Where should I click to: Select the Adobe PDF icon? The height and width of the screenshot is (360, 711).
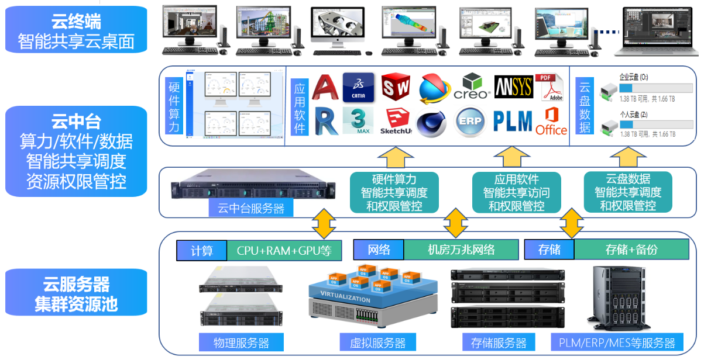point(548,87)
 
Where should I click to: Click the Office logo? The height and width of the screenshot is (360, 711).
point(551,122)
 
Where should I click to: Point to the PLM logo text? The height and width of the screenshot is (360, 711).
point(512,122)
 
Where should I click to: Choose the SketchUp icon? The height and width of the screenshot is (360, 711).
point(396,122)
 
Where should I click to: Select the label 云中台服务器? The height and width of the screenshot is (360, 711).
point(250,207)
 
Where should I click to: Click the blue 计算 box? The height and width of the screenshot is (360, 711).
point(201,250)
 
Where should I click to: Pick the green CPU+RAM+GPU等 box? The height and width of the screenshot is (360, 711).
point(284,250)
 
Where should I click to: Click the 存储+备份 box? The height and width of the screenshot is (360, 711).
point(631,250)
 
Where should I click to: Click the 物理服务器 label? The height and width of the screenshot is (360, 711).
point(241,342)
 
